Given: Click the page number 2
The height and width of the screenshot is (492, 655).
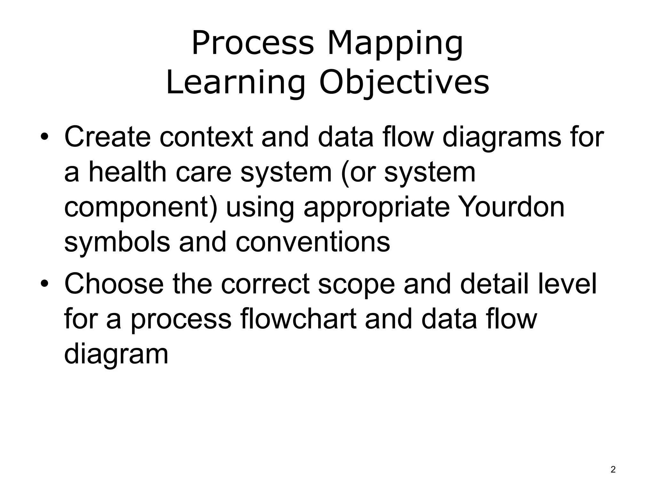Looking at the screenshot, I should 613,470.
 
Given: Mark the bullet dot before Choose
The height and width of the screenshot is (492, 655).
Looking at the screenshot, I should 44,284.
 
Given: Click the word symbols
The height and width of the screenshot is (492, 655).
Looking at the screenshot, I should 117,242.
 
